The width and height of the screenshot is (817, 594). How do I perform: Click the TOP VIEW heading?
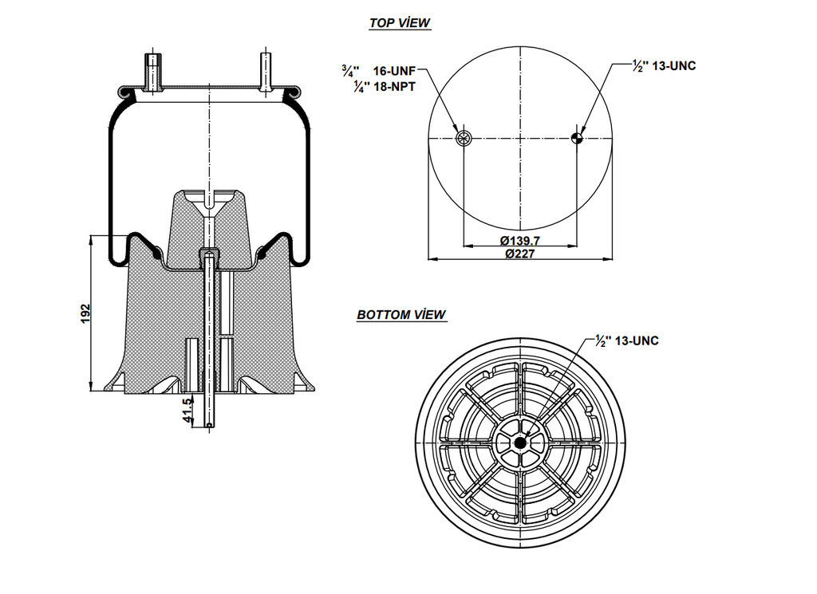tap(400, 22)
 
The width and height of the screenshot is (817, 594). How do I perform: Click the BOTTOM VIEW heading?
tap(401, 315)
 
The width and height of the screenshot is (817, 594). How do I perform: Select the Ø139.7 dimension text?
tap(520, 241)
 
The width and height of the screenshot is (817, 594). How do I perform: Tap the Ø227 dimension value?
tap(520, 254)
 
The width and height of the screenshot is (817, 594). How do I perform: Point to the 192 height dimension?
tap(86, 313)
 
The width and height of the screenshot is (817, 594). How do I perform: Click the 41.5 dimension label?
tap(188, 409)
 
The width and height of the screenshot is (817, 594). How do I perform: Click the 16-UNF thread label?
tap(395, 70)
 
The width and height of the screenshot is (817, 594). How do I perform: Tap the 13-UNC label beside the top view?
tap(674, 66)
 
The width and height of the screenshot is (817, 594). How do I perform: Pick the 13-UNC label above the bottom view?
tap(637, 340)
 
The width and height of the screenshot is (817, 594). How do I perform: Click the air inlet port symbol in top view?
tap(464, 140)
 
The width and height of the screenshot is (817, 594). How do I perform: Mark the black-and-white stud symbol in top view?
tap(577, 140)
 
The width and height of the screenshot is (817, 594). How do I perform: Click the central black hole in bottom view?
tap(519, 444)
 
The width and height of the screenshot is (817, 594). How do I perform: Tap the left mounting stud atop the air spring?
tap(152, 72)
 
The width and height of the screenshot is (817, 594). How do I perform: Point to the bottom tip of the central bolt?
tap(209, 425)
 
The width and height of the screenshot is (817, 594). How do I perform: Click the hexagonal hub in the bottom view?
tap(519, 444)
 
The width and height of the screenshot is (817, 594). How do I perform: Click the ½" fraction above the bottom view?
tap(603, 340)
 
